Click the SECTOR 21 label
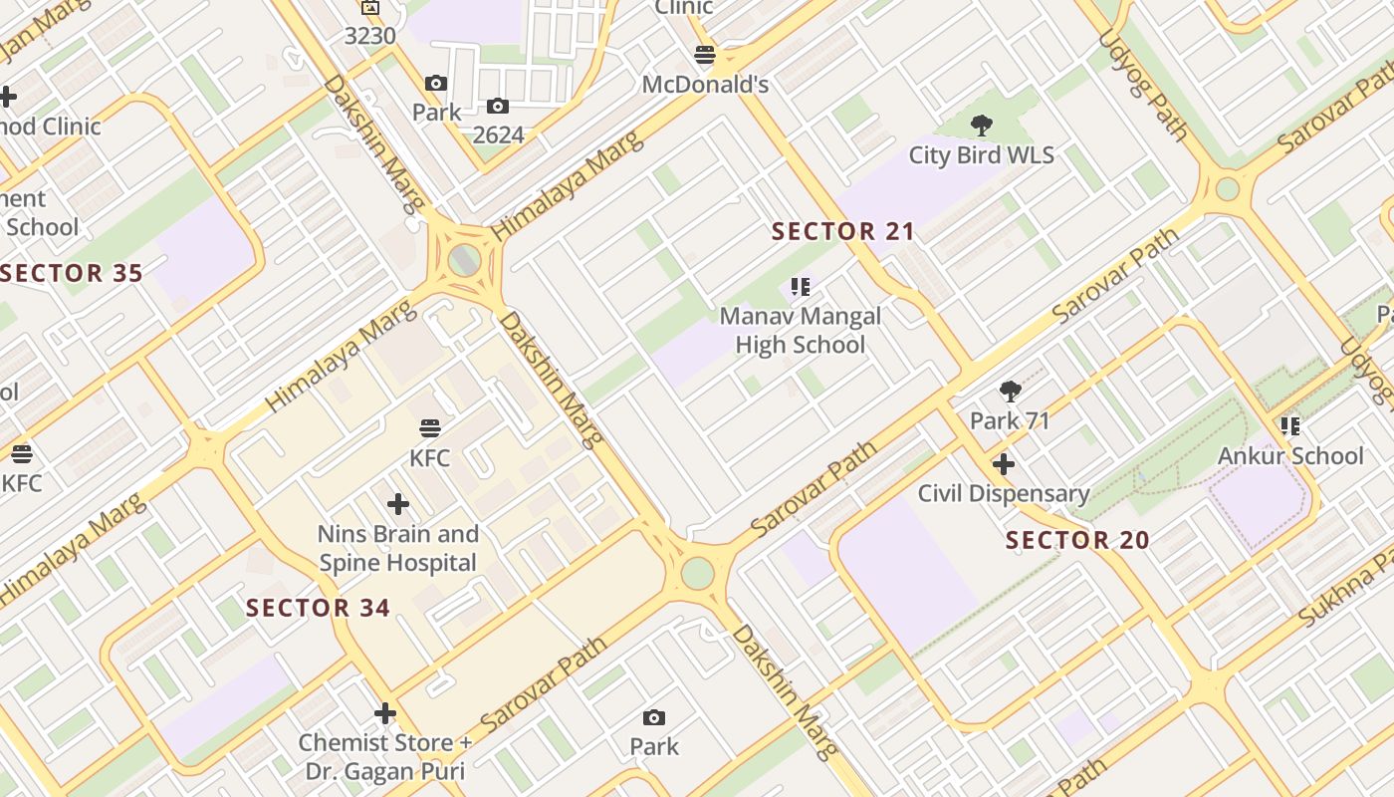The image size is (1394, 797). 843,232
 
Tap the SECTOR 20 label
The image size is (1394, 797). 1077,541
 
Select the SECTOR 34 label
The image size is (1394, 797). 318,608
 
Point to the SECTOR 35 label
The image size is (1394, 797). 72,273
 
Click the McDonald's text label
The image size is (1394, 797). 705,85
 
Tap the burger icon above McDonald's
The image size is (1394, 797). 705,55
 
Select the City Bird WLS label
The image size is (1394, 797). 981,155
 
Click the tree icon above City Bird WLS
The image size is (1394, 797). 981,126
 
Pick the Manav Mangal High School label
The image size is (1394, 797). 801,331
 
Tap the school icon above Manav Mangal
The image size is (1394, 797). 801,288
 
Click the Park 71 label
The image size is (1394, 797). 1010,420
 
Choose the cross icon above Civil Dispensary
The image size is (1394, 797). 1004,464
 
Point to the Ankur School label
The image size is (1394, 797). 1290,456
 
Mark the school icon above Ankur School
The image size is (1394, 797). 1290,426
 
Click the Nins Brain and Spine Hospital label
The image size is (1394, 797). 398,548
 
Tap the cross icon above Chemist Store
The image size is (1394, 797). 385,713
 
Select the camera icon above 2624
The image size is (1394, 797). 498,106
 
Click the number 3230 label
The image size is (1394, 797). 370,36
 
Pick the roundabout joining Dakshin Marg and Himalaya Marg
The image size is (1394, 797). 464,260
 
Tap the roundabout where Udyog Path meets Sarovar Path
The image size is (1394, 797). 1228,188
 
